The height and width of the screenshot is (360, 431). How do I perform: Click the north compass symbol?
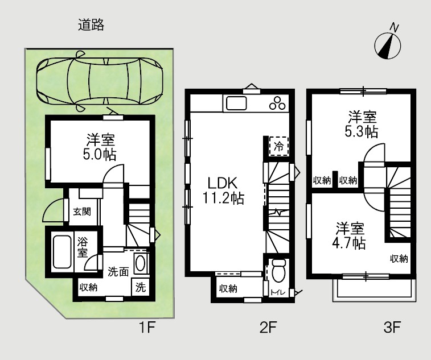(x=388, y=45)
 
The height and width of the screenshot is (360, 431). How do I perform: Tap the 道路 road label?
(x=91, y=25)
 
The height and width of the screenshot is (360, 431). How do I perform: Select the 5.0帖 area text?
(x=102, y=154)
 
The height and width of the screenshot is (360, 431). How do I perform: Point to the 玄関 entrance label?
(x=82, y=212)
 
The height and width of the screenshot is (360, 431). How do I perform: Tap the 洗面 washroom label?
(x=118, y=272)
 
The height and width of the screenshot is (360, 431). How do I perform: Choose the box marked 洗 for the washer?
(x=141, y=287)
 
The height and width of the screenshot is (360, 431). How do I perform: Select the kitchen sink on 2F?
(x=235, y=104)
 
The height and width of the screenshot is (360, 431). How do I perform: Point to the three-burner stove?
(x=278, y=104)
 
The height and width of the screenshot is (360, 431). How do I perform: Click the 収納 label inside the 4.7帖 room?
(x=399, y=259)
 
